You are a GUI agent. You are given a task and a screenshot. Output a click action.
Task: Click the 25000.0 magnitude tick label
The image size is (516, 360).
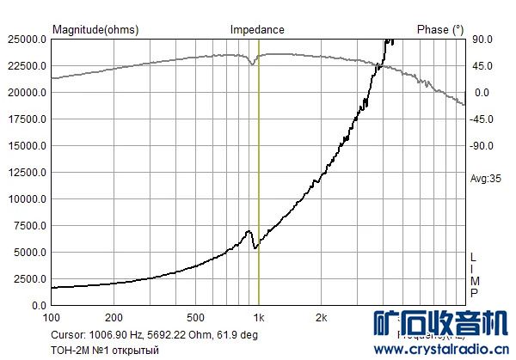pyautogui.click(x=27, y=40)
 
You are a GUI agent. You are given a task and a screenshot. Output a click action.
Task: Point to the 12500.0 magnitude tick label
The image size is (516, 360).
pyautogui.click(x=27, y=173)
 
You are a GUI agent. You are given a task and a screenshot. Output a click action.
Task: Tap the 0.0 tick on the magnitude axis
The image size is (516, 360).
pyautogui.click(x=38, y=306)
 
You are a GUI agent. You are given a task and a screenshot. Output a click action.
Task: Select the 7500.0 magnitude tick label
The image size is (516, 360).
pyautogui.click(x=29, y=226)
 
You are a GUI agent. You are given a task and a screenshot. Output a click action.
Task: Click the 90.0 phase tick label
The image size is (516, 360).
pyautogui.click(x=481, y=40)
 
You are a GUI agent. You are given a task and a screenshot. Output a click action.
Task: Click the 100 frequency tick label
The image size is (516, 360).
pyautogui.click(x=52, y=316)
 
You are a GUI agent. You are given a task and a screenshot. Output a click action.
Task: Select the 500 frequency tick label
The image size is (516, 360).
pyautogui.click(x=196, y=316)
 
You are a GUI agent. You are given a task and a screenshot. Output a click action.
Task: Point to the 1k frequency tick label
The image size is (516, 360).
pyautogui.click(x=258, y=316)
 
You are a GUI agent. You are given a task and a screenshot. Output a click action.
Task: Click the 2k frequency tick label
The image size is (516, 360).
pyautogui.click(x=321, y=316)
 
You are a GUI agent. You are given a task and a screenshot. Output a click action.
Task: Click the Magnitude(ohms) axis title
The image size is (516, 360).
pyautogui.click(x=95, y=29)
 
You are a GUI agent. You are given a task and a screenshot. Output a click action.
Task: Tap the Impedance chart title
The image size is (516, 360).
pyautogui.click(x=257, y=29)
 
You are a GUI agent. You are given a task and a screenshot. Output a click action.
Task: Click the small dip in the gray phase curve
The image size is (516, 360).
pyautogui.click(x=252, y=63)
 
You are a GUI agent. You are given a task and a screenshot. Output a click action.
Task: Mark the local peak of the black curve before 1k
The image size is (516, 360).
pyautogui.click(x=249, y=231)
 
